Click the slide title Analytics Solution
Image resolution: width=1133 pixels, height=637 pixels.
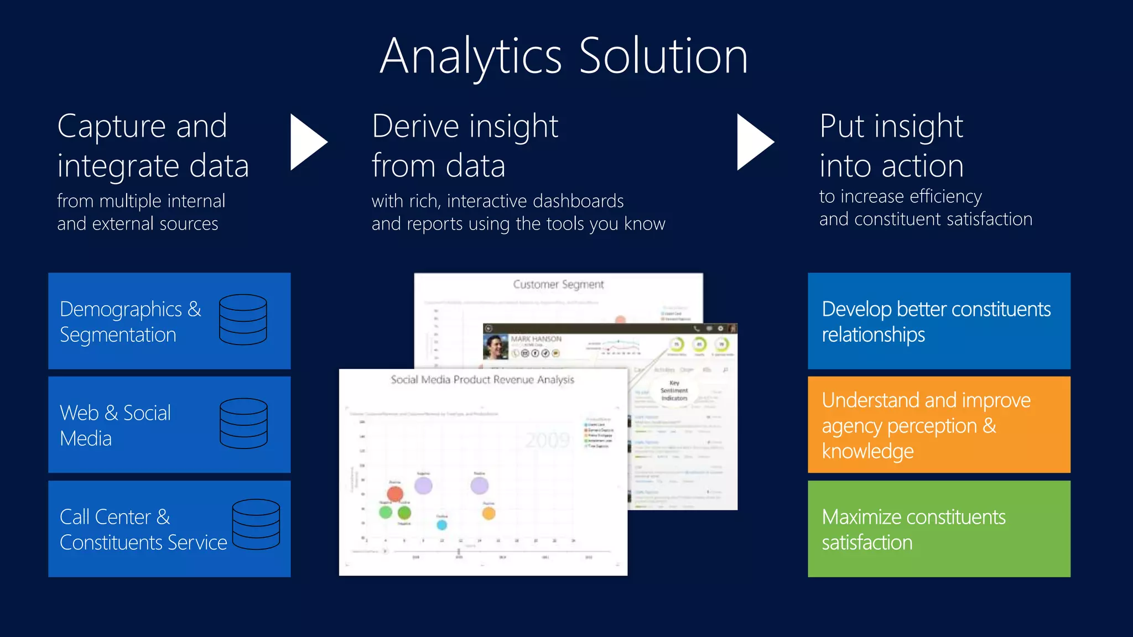point(564,56)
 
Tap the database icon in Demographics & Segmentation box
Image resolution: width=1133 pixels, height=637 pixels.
point(243,320)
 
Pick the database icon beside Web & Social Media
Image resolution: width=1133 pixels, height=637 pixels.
point(243,424)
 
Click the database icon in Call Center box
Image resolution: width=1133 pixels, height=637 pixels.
point(256,524)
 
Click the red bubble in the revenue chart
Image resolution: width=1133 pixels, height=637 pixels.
point(395,494)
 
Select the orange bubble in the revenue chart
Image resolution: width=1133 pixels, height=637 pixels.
point(488,514)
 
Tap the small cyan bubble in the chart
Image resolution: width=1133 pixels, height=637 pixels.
point(441,524)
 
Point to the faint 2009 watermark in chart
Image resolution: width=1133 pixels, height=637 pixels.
point(547,440)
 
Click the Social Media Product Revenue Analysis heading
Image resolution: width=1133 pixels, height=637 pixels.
point(482,380)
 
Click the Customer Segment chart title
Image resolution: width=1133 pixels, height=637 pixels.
point(558,284)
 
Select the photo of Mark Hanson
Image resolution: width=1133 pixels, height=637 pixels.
point(495,347)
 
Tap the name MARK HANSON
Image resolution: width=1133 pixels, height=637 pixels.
point(536,339)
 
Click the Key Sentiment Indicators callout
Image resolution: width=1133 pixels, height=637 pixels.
point(674,390)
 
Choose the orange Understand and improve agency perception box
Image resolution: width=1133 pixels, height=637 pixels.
point(939,425)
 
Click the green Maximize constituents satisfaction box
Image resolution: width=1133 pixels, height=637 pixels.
point(939,529)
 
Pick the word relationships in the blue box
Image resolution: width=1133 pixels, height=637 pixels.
point(873,335)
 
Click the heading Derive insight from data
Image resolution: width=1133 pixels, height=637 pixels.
point(465,145)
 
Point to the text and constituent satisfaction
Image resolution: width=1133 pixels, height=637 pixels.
point(926,220)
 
